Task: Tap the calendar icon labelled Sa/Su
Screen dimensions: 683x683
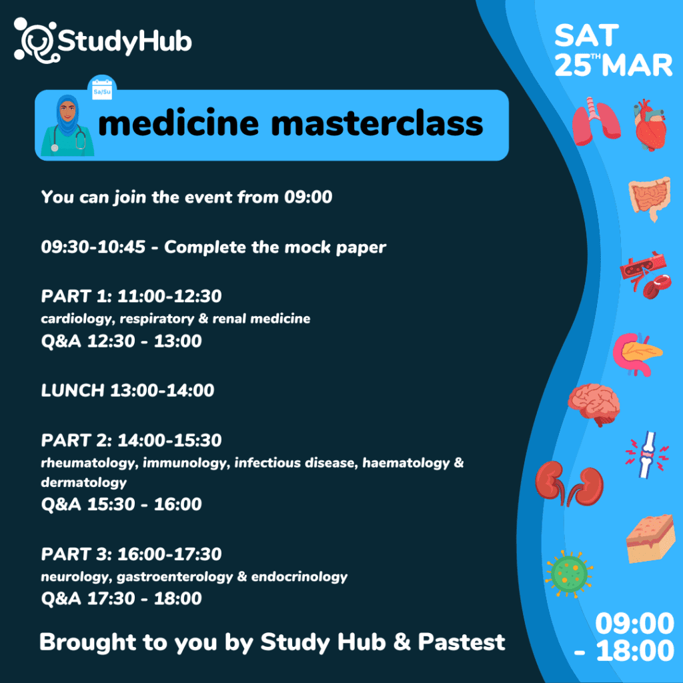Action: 102,89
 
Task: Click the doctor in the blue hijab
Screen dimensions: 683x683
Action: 67,125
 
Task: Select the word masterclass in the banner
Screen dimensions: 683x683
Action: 378,123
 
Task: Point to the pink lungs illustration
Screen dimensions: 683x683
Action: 596,121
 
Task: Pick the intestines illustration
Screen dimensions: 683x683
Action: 650,199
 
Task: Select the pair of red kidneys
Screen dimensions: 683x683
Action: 570,484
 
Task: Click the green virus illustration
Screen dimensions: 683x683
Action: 569,574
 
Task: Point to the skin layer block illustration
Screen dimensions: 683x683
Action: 650,538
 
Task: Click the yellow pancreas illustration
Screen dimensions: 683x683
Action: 638,354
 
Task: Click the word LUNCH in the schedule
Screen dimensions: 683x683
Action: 73,390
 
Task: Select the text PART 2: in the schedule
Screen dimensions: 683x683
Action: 77,440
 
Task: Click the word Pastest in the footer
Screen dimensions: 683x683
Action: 462,642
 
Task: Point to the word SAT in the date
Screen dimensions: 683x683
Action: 586,35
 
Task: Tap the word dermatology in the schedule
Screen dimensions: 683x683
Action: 83,483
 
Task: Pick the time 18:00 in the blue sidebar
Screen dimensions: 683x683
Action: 635,651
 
